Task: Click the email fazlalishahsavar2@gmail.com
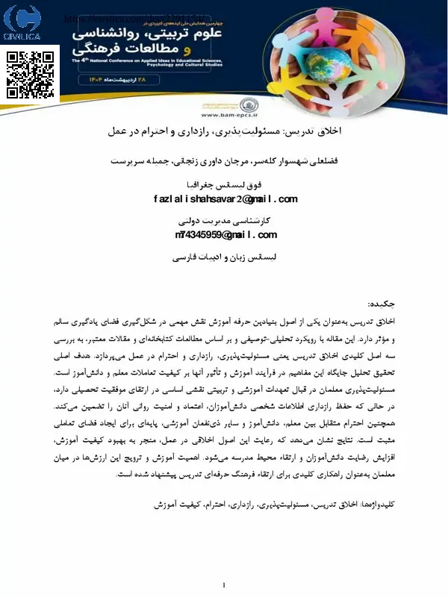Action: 225,199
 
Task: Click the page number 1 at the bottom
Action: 224,584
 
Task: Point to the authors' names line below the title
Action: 225,160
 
